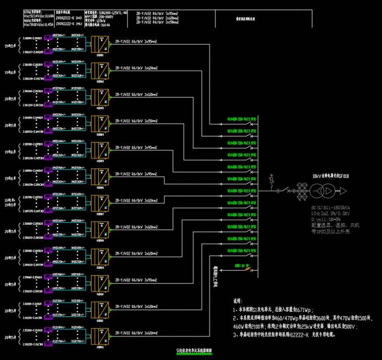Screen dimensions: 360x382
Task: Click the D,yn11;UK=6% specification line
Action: point(326,220)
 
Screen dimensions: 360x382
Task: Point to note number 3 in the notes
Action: point(235,335)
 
